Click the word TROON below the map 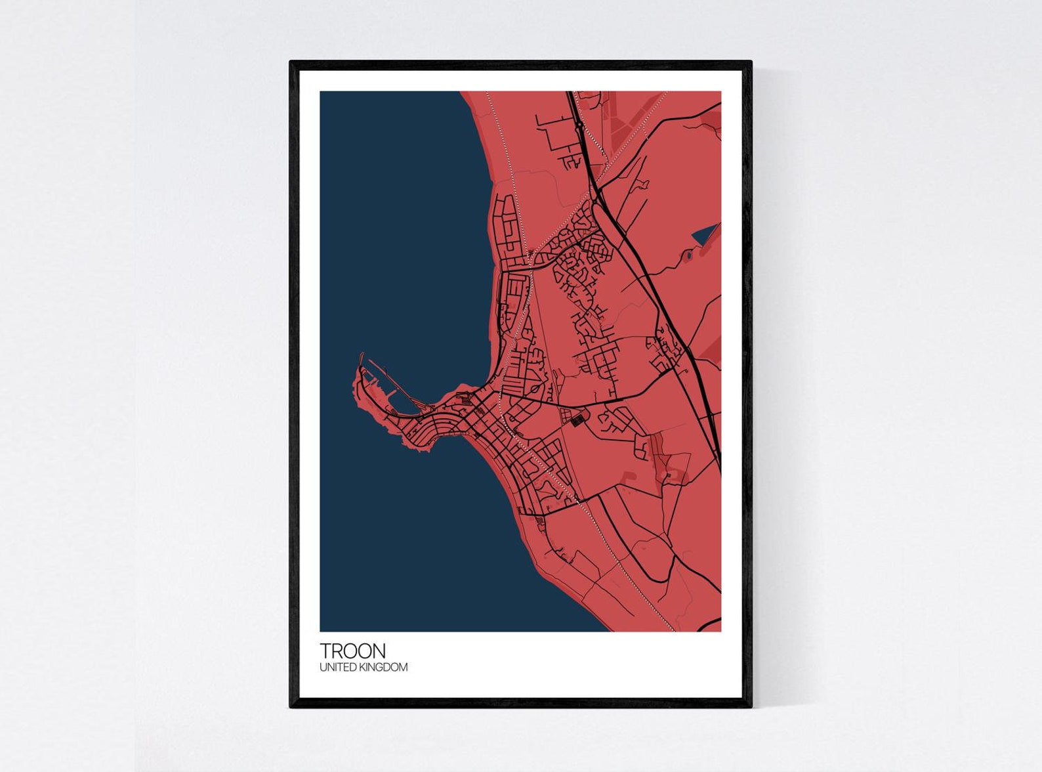[x=352, y=651]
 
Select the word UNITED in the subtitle [x=335, y=668]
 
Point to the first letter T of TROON [x=325, y=651]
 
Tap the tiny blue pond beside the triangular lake [x=688, y=257]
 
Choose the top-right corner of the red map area [x=720, y=93]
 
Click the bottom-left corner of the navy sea [x=322, y=630]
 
